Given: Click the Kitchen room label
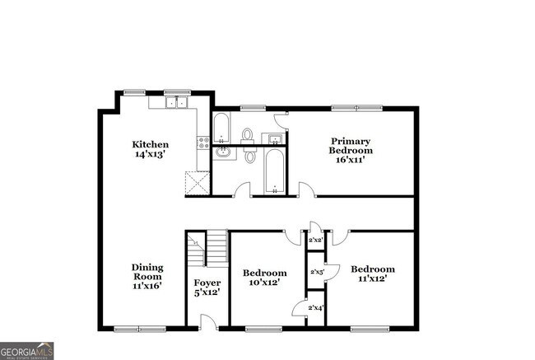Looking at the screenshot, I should tap(151, 149).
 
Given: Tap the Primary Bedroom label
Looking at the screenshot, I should tap(351, 150).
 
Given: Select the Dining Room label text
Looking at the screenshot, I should tap(147, 276).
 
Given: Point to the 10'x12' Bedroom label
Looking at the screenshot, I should tap(264, 278).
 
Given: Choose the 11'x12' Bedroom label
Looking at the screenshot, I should tap(372, 274).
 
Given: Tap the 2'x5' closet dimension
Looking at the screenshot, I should tap(316, 271).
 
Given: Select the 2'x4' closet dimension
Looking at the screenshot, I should tap(316, 308).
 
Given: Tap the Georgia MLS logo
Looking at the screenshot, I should tap(27, 350).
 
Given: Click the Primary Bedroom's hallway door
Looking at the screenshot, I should tap(306, 190).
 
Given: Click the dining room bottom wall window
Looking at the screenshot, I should tap(140, 329).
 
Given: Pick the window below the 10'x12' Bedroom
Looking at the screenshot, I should tap(264, 329).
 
